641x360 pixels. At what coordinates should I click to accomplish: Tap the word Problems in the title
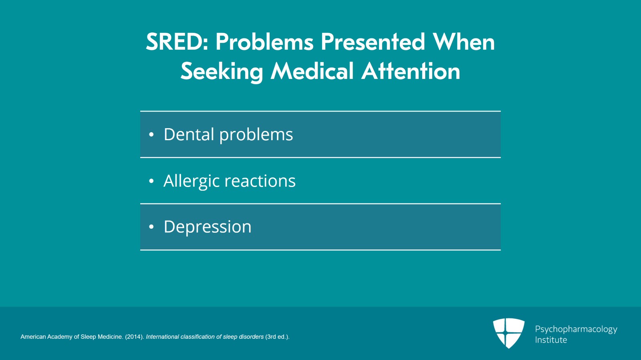264,42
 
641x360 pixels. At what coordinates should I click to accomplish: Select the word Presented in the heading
373,42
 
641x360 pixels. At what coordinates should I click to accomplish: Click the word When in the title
464,42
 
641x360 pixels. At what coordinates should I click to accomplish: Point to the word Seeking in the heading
222,72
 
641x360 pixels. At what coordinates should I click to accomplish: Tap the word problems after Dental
256,135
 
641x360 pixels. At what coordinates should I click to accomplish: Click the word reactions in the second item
260,181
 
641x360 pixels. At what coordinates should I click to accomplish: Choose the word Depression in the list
208,227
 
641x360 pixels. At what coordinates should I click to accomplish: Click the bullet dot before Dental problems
151,135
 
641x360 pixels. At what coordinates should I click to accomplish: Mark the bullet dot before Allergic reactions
151,181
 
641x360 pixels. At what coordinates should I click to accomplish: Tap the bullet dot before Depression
151,227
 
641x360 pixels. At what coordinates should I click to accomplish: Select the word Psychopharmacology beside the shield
576,329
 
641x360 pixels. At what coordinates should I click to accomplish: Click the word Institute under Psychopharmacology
551,340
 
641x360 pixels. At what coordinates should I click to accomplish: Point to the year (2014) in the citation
135,337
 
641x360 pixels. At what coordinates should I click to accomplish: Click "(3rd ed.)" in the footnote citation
277,337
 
